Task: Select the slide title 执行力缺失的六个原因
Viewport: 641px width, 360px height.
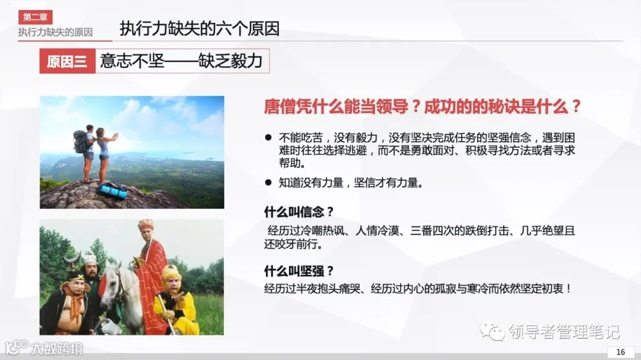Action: pyautogui.click(x=199, y=28)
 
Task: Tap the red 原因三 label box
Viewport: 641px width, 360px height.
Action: pyautogui.click(x=67, y=61)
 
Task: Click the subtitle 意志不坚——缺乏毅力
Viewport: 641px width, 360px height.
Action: pyautogui.click(x=182, y=61)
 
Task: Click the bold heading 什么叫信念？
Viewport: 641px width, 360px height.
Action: pyautogui.click(x=299, y=212)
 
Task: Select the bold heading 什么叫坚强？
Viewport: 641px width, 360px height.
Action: pyautogui.click(x=299, y=271)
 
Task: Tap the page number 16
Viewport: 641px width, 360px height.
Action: pyautogui.click(x=621, y=352)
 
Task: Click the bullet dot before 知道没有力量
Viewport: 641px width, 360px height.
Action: pyautogui.click(x=268, y=183)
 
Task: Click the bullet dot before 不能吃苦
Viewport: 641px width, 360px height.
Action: pyautogui.click(x=268, y=137)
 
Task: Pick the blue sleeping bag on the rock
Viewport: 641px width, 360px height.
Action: pyautogui.click(x=113, y=190)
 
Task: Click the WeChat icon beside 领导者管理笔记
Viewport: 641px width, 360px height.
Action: pyautogui.click(x=492, y=330)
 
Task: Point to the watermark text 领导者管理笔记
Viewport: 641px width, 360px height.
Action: pyautogui.click(x=563, y=331)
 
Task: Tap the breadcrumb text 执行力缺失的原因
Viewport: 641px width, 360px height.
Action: pyautogui.click(x=55, y=32)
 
